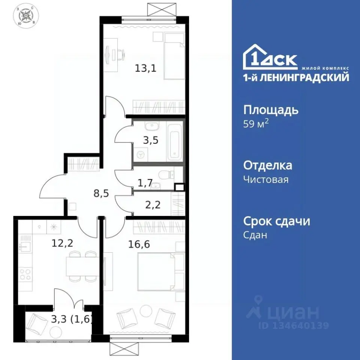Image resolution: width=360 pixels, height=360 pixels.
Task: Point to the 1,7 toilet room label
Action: coord(145,183)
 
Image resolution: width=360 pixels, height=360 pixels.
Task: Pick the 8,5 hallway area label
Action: coord(101,194)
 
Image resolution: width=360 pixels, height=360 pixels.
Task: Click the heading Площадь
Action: coord(271,110)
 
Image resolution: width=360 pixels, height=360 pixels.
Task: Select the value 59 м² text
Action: coord(256,124)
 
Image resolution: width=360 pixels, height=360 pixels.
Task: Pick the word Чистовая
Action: coord(266,179)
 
